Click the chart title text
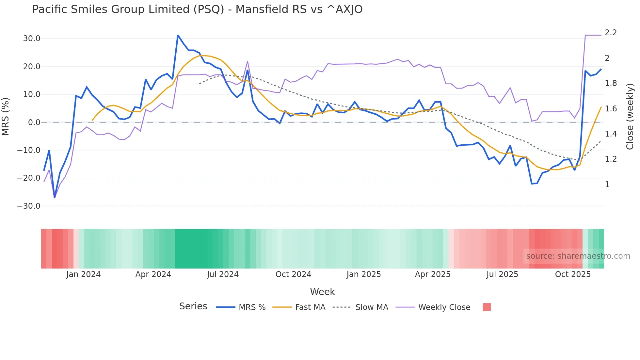[x=197, y=9]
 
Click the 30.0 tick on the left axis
[x=32, y=39]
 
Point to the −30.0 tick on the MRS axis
[x=29, y=206]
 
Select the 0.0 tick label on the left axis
[x=34, y=123]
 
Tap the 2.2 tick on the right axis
[x=611, y=33]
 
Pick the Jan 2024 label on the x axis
[x=83, y=274]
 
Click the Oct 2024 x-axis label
[x=293, y=274]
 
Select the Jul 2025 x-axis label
[x=502, y=274]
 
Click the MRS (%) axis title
[x=6, y=116]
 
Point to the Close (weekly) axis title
[x=630, y=116]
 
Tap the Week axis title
[x=322, y=292]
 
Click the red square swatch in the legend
[x=487, y=307]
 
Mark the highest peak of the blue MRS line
[x=178, y=35]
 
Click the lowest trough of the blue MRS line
[x=55, y=197]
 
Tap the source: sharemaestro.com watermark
[x=578, y=256]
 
